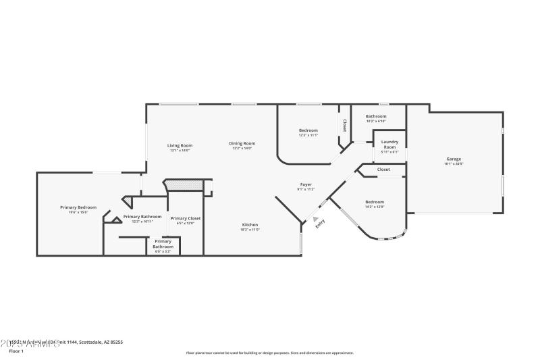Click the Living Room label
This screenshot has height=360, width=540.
tap(180, 146)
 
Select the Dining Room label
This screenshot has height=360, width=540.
tap(242, 144)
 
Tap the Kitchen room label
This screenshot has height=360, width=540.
tap(250, 226)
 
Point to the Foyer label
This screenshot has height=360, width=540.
tap(306, 185)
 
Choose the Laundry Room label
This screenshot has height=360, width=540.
tap(389, 145)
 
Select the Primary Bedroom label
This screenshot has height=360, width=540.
tap(78, 208)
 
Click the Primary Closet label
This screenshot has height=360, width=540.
tap(185, 219)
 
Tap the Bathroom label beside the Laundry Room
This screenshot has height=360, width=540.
tap(376, 117)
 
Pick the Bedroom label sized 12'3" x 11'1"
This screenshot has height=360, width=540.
tap(308, 131)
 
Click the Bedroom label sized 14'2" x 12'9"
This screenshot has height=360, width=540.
tap(375, 203)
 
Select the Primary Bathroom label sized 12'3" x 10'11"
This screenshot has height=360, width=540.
tap(142, 217)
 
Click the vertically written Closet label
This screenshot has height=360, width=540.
tap(344, 125)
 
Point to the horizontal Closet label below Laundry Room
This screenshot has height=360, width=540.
tap(383, 170)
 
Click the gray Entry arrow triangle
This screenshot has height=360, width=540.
tap(315, 219)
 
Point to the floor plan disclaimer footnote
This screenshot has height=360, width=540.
tap(269, 353)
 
